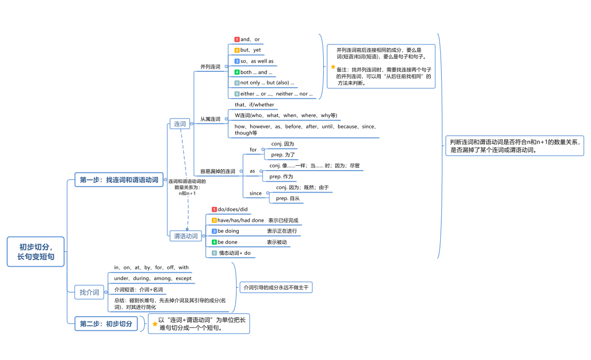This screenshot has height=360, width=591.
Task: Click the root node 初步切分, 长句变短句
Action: [x=36, y=252]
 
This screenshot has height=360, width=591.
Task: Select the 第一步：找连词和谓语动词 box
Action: [x=119, y=179]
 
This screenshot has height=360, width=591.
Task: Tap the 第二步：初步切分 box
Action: [x=106, y=324]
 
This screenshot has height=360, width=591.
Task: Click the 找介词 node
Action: [x=89, y=292]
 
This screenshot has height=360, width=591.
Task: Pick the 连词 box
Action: [x=180, y=124]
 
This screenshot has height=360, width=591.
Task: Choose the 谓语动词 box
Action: [x=185, y=236]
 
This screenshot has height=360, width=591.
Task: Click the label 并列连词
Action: [x=210, y=66]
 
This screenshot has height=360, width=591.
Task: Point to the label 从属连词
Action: [x=210, y=119]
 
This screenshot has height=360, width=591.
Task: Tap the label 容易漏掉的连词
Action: [x=217, y=171]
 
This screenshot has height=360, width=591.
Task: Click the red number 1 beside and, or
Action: [x=237, y=40]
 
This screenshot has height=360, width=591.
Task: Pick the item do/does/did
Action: [x=233, y=209]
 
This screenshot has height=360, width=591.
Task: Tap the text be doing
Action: [x=228, y=231]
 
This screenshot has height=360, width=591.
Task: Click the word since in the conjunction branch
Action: [x=256, y=193]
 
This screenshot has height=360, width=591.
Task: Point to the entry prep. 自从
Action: [x=288, y=198]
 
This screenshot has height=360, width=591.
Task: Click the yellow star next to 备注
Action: [x=333, y=66]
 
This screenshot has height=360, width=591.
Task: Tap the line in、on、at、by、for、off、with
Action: [x=151, y=267]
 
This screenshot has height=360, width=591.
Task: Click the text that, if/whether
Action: [x=254, y=105]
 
